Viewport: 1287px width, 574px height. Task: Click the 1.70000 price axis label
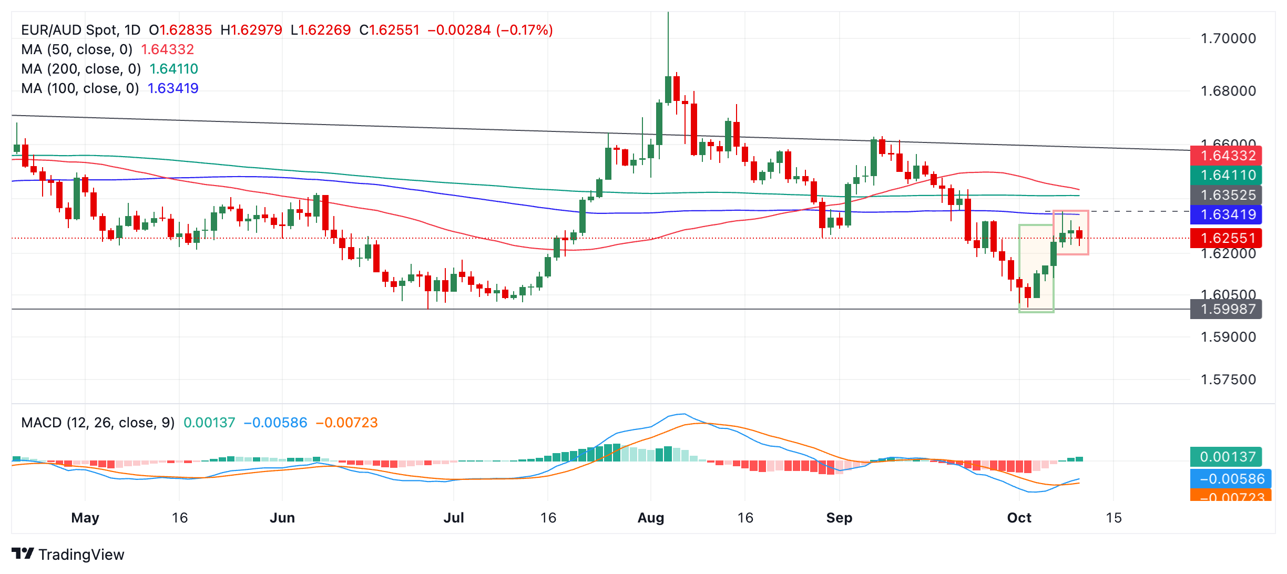point(1228,38)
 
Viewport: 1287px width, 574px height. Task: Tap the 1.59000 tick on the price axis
point(1228,337)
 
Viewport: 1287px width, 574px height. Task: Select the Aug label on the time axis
point(651,518)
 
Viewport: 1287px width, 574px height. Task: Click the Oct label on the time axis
point(1019,518)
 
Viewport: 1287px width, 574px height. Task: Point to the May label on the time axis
point(85,518)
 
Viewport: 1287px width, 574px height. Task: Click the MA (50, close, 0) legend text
point(77,49)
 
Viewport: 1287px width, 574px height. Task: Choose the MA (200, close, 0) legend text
point(81,69)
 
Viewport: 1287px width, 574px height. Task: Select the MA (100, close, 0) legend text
point(80,88)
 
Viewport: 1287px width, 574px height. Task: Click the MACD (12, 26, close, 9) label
point(98,423)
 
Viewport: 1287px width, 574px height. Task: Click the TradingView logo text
point(81,555)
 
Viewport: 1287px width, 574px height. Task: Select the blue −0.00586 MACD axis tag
point(1230,479)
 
